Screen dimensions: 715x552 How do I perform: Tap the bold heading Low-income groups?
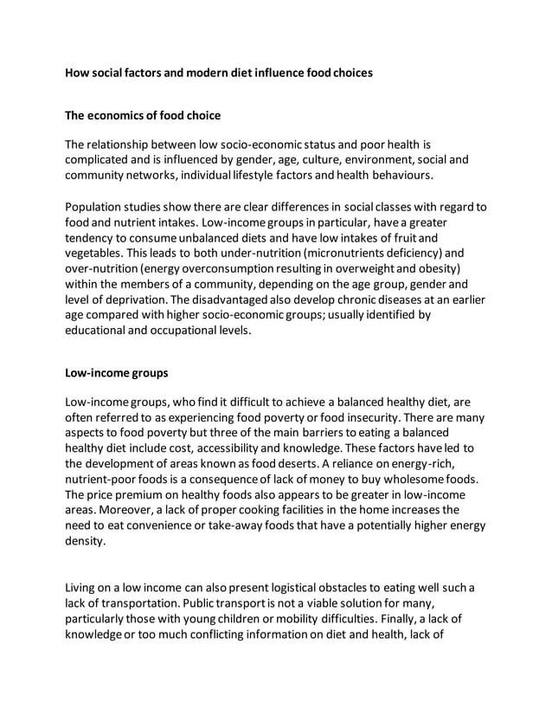click(x=117, y=373)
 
